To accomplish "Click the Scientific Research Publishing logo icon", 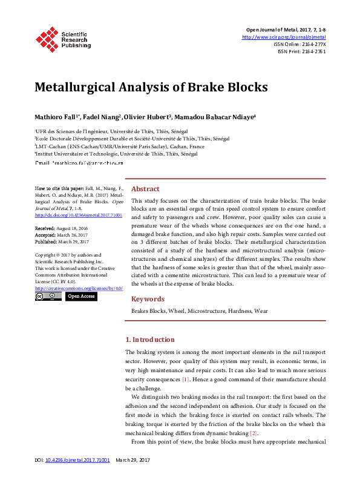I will tap(47, 38).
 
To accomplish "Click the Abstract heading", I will tap(145, 189).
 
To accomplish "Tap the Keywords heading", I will tap(148, 299).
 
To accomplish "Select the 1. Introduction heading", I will tap(149, 340).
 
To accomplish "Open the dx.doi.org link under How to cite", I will tap(70, 215).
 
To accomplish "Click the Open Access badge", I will tap(81, 297).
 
